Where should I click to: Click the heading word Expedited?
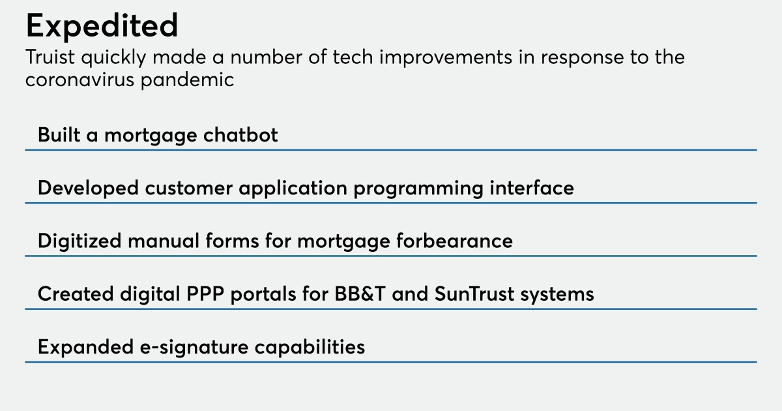(102, 27)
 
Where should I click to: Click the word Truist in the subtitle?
(50, 57)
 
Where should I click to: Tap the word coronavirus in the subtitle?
(80, 80)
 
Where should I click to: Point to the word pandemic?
(187, 80)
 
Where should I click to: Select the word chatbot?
(240, 135)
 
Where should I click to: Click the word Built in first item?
(59, 135)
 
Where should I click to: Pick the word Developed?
(89, 189)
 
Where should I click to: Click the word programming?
(418, 189)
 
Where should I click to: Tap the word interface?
(532, 188)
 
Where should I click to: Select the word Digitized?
(80, 241)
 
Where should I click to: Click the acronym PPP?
(205, 294)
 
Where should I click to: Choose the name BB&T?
(360, 294)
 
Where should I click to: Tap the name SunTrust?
(474, 294)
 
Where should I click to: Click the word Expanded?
(86, 347)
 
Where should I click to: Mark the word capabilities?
(310, 347)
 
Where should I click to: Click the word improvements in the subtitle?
(446, 57)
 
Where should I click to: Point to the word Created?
(76, 294)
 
